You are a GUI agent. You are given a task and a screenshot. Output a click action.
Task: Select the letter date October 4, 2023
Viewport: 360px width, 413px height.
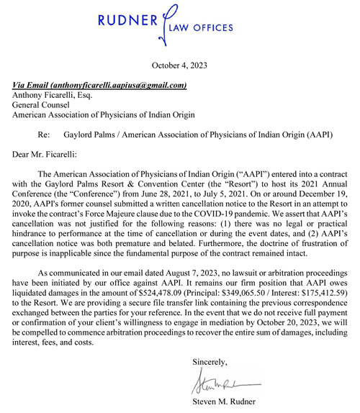coord(180,66)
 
